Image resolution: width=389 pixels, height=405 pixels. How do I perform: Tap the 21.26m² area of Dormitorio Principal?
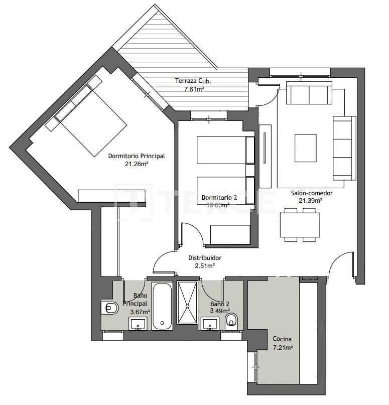[136, 164]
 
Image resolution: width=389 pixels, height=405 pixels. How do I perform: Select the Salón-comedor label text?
[311, 193]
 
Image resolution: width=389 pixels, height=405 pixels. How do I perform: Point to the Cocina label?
[282, 339]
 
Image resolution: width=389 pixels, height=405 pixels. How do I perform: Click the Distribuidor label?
[205, 258]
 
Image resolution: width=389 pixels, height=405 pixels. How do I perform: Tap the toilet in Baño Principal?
[110, 308]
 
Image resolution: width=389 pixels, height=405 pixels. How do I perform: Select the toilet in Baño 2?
[231, 320]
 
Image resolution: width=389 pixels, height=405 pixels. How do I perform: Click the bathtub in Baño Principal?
[162, 306]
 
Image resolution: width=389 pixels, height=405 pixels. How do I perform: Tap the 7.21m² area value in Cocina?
[283, 347]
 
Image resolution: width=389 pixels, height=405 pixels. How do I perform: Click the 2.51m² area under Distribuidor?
[205, 266]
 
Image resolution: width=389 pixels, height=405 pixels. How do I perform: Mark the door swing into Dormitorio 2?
[192, 235]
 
